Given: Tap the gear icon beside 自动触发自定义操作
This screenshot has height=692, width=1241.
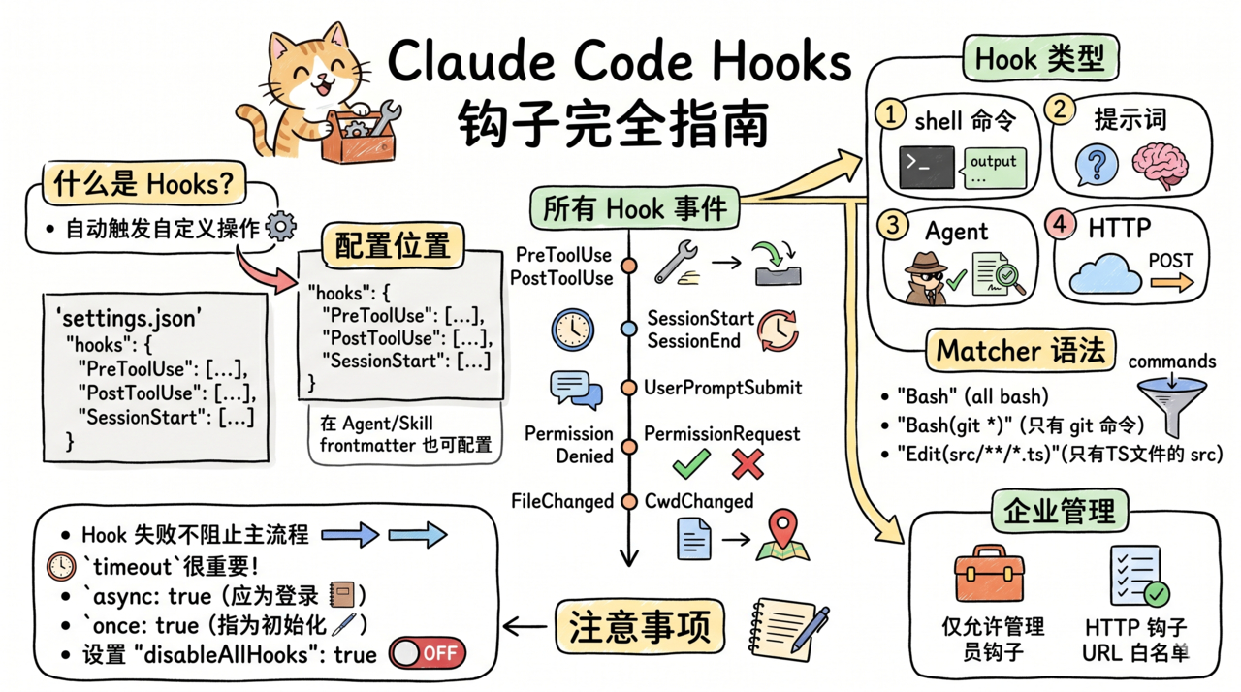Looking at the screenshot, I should pos(281,227).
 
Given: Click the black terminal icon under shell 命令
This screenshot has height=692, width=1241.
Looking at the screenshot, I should pos(926,167).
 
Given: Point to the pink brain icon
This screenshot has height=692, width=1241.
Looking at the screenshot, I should pos(1158,165).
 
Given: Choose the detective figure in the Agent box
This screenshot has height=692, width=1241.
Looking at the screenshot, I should pos(925,277).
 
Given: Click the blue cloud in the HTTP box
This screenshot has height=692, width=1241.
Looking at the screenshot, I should pos(1104,274).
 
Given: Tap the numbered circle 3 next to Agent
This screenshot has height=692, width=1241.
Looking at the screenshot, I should pos(891,225).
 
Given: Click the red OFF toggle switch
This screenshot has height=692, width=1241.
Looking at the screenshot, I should pos(428,653).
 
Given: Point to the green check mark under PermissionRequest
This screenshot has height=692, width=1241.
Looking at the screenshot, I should pos(691,464).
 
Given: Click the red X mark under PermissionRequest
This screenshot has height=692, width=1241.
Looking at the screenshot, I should pos(748,464).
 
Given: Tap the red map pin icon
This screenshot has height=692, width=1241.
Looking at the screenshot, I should pos(783,534).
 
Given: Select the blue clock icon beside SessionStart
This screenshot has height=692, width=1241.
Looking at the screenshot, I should pos(572,330).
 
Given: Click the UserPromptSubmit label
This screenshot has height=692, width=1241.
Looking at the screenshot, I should pos(722,388).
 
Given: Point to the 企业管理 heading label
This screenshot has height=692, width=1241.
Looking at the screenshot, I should pos(1059,510).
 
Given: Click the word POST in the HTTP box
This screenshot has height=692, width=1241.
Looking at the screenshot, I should pos(1170,261).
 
